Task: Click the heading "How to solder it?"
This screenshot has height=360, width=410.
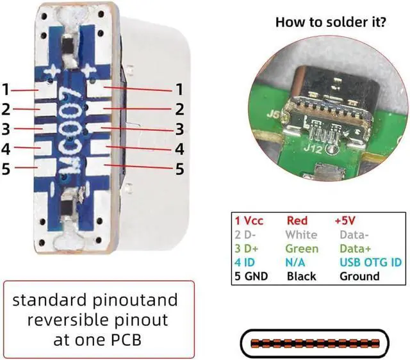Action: (x=330, y=22)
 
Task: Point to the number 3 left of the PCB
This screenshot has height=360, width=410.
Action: (x=6, y=129)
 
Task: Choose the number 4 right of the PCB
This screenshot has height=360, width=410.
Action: (x=180, y=149)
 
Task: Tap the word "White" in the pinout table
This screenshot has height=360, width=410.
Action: (x=301, y=234)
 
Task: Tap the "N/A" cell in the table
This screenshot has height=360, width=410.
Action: (x=296, y=263)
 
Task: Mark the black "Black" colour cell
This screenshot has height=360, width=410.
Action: (x=302, y=277)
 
